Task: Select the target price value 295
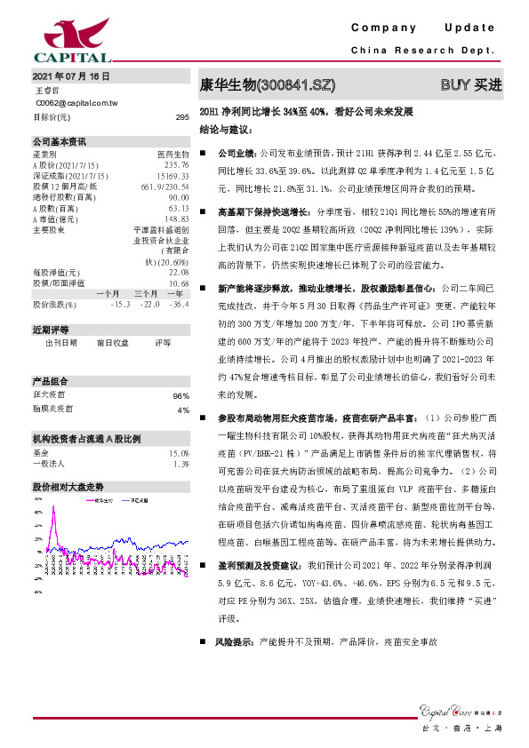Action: point(182,117)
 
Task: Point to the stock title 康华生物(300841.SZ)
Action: point(268,85)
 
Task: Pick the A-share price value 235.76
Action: point(177,164)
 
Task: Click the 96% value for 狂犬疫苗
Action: point(181,396)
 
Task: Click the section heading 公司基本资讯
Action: point(60,140)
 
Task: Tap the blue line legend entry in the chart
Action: point(133,501)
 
